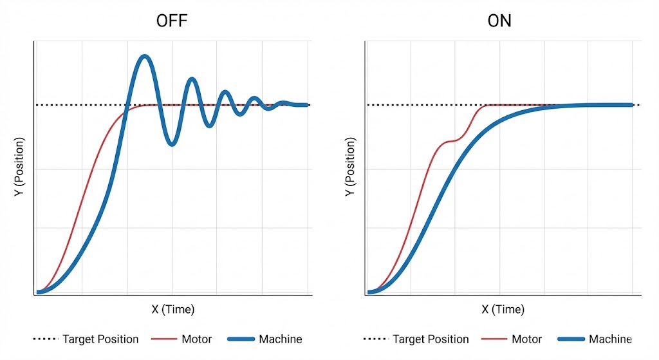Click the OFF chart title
click(172, 21)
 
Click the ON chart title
click(499, 21)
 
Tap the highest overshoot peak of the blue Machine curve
click(145, 57)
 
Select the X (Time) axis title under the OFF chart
click(172, 309)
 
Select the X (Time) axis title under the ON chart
click(503, 309)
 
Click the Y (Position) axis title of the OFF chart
click(19, 167)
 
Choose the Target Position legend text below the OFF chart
click(100, 339)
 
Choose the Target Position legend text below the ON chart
click(431, 339)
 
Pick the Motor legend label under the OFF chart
click(197, 339)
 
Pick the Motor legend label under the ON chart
click(527, 339)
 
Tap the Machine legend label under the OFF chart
click(280, 339)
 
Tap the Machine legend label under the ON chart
click(610, 339)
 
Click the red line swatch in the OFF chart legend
click(163, 339)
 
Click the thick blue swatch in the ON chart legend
click(570, 339)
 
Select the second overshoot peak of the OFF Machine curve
click(191, 79)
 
